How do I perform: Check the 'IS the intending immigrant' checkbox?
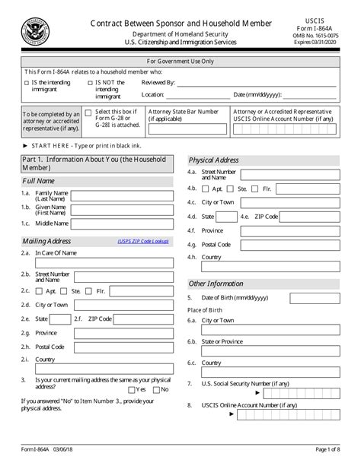click(27, 81)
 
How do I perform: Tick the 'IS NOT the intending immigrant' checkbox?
click(91, 81)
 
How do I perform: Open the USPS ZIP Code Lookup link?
click(144, 242)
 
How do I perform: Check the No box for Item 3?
click(156, 388)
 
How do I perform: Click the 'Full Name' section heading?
click(38, 182)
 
